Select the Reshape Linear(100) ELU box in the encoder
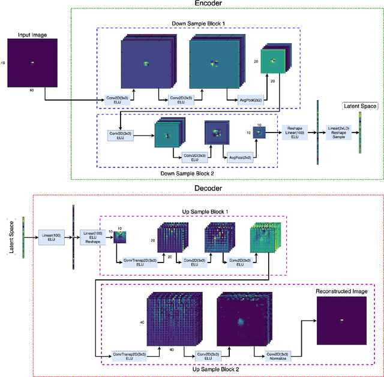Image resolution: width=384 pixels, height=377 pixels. [295, 132]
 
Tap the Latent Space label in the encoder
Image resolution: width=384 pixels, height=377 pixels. [359, 106]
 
